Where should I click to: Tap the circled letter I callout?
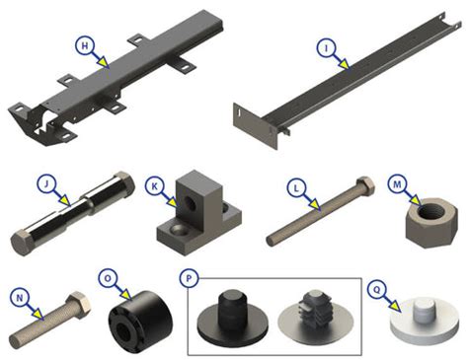click(324, 46)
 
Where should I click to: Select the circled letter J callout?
click(43, 183)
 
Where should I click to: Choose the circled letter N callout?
click(19, 296)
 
